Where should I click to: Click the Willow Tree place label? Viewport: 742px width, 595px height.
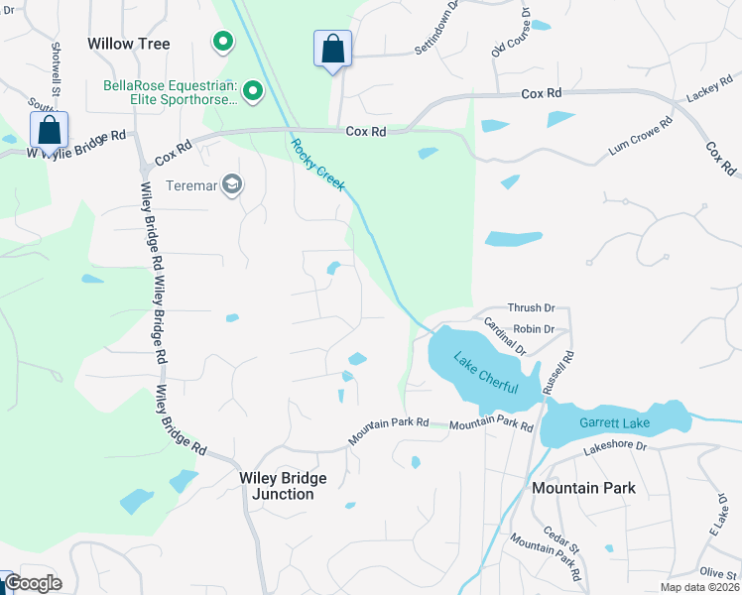(129, 44)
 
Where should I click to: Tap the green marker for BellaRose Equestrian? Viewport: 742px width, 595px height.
(253, 92)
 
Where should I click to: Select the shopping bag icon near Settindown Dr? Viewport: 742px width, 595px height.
(332, 49)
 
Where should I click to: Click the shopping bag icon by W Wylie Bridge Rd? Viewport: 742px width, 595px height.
(49, 130)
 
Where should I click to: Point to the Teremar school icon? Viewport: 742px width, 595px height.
(232, 184)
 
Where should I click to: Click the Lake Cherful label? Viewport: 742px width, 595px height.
(485, 373)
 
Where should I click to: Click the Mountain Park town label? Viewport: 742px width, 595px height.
(583, 488)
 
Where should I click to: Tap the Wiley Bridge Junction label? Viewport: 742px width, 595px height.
(283, 486)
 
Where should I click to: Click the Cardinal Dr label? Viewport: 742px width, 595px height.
(504, 336)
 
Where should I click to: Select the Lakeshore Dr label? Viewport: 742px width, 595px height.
(614, 447)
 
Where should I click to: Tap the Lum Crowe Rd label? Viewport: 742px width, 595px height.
(641, 137)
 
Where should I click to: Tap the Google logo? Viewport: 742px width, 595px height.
(34, 583)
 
